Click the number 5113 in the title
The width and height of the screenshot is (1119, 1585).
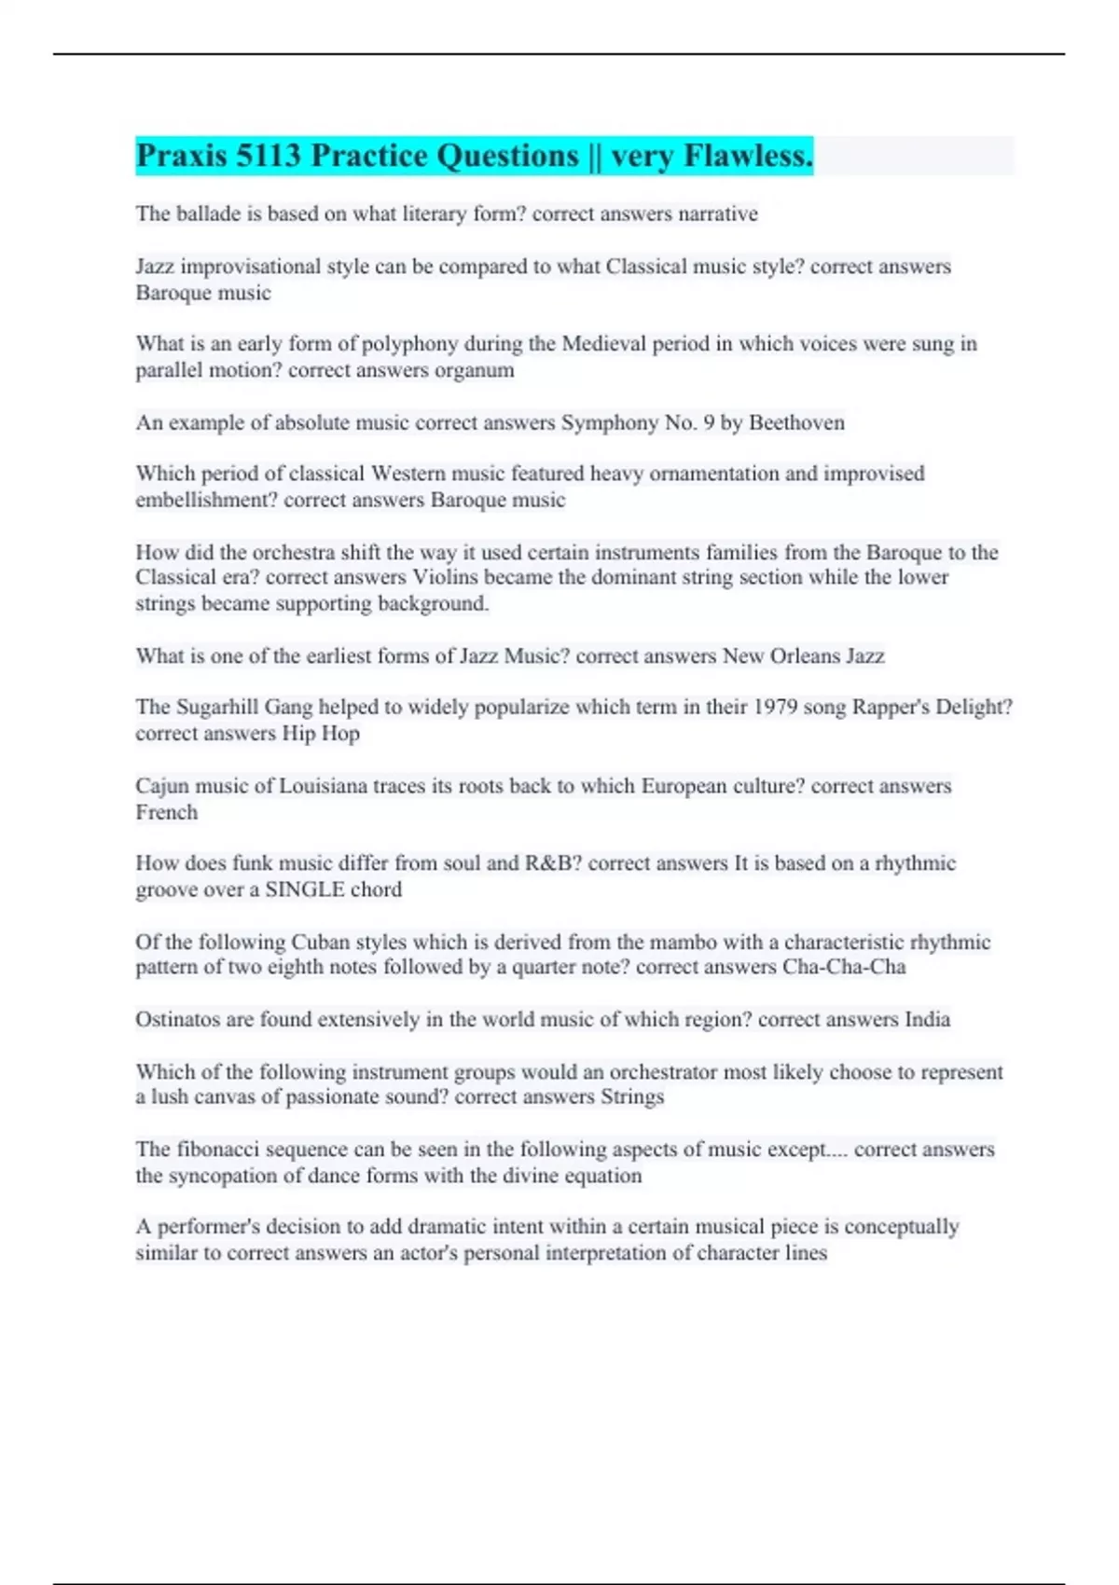coord(268,156)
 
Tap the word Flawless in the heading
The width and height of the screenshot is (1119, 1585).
coord(748,156)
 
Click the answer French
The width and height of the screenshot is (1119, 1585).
coord(166,812)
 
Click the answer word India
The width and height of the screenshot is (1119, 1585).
coord(927,1019)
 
